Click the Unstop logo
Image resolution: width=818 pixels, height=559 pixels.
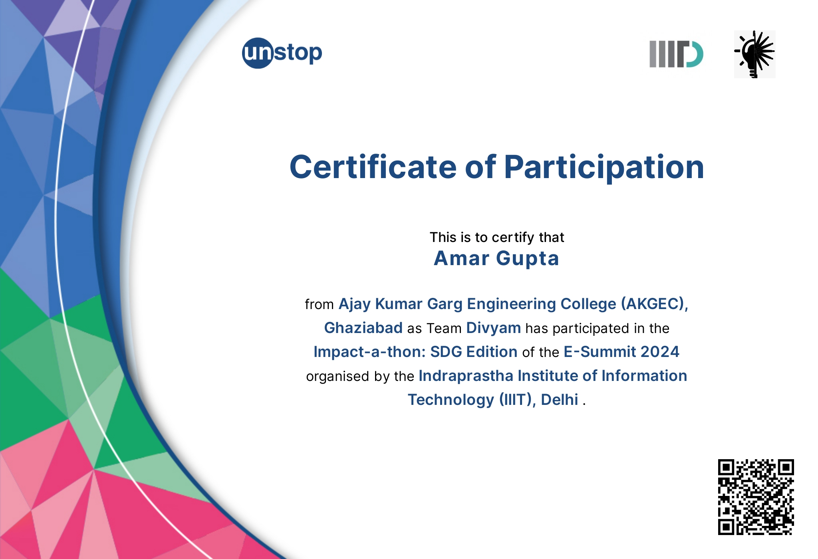coord(282,53)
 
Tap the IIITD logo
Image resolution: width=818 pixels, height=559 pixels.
coord(676,54)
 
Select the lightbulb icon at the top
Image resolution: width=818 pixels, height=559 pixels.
coord(754,54)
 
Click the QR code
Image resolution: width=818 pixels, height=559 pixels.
coord(756,497)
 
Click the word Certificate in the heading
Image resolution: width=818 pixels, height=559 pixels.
coord(373,167)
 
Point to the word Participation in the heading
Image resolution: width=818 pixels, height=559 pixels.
coord(604,168)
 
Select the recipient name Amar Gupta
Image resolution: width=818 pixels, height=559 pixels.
coord(496,258)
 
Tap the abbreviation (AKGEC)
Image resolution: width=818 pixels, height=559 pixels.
coord(654,304)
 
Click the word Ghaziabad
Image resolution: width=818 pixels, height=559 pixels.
coord(363,328)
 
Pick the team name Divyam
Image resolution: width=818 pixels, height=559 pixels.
coord(493,328)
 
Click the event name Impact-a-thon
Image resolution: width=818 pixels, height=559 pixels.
coord(369,352)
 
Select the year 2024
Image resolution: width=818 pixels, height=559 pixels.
coord(660,352)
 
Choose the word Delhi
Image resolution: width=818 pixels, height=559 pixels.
coord(559,400)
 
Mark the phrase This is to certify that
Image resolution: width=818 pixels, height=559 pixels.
coord(497,237)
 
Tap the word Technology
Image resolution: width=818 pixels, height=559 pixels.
coord(451,400)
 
